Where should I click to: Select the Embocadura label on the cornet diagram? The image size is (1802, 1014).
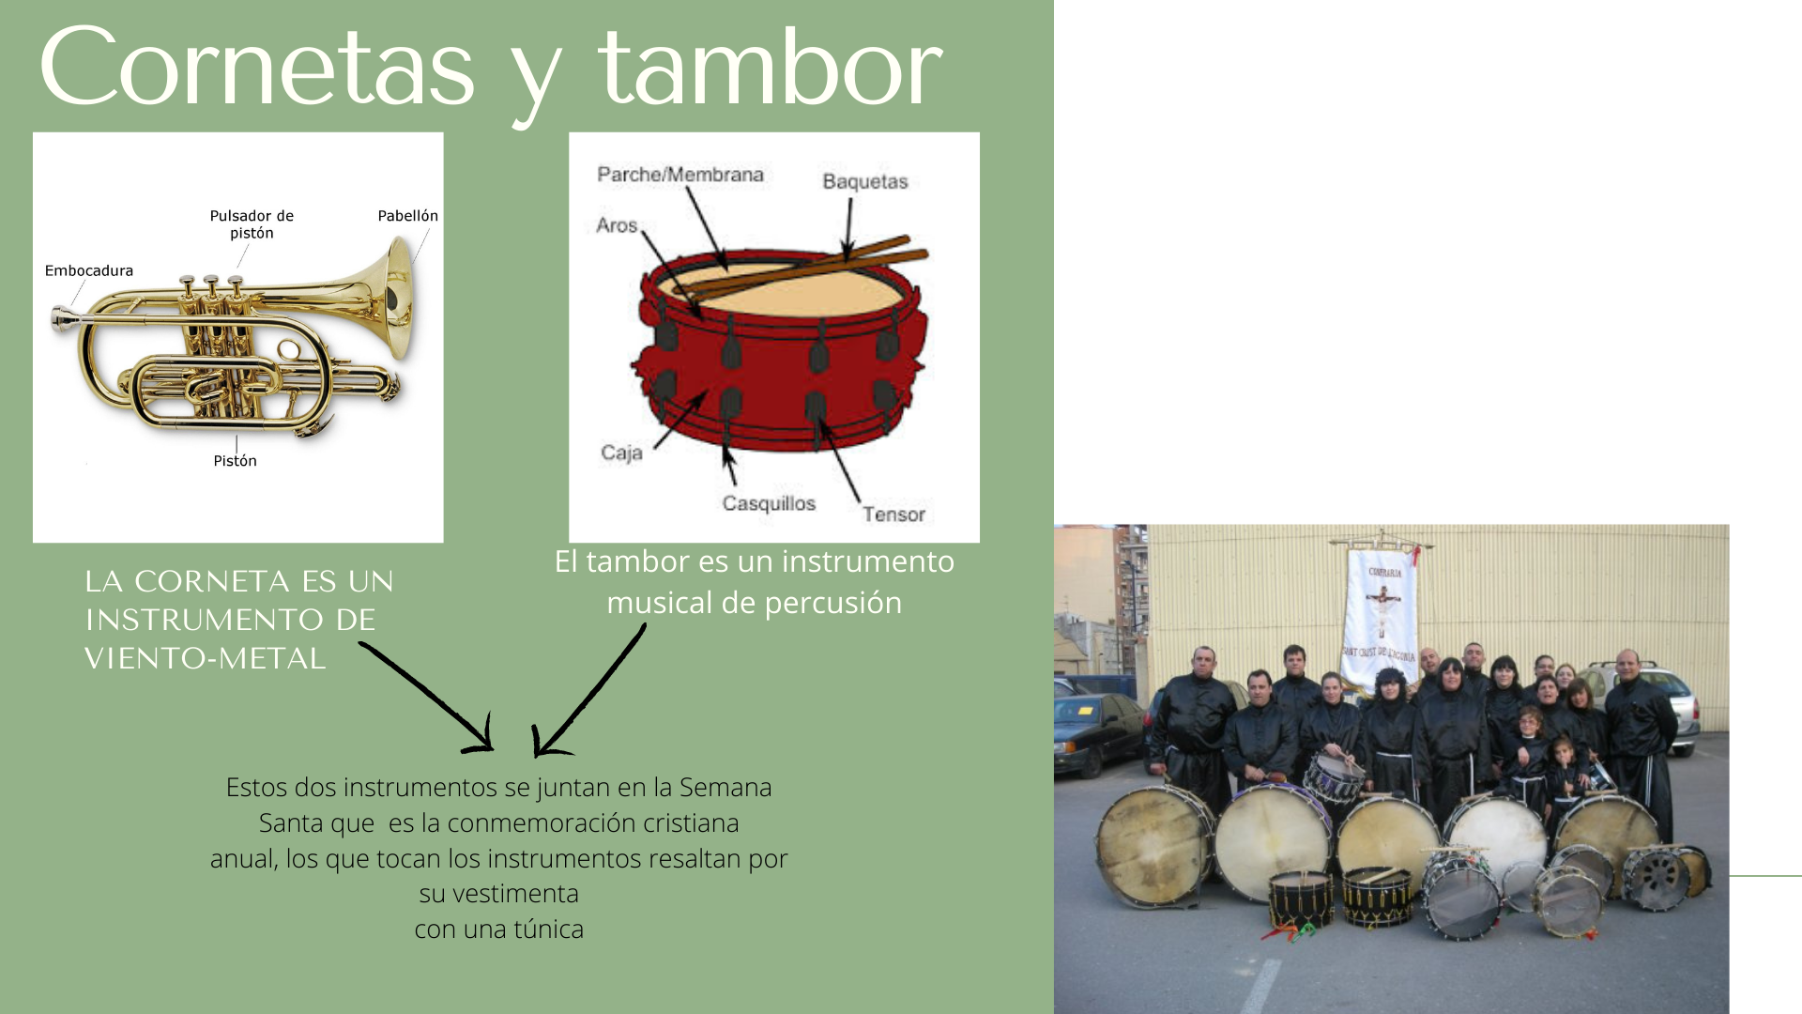89,271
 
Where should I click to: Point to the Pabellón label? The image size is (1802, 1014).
407,216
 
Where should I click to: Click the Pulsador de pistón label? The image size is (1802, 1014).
252,224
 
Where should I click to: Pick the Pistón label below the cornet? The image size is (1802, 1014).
235,461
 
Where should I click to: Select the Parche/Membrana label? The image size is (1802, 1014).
680,175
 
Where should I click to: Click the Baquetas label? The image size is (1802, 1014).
865,181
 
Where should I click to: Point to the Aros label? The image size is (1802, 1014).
617,225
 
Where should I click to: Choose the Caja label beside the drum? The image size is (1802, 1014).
621,453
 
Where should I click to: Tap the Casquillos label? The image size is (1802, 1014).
769,503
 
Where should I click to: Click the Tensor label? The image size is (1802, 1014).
893,515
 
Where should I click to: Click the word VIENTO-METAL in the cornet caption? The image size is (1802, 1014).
205,658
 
